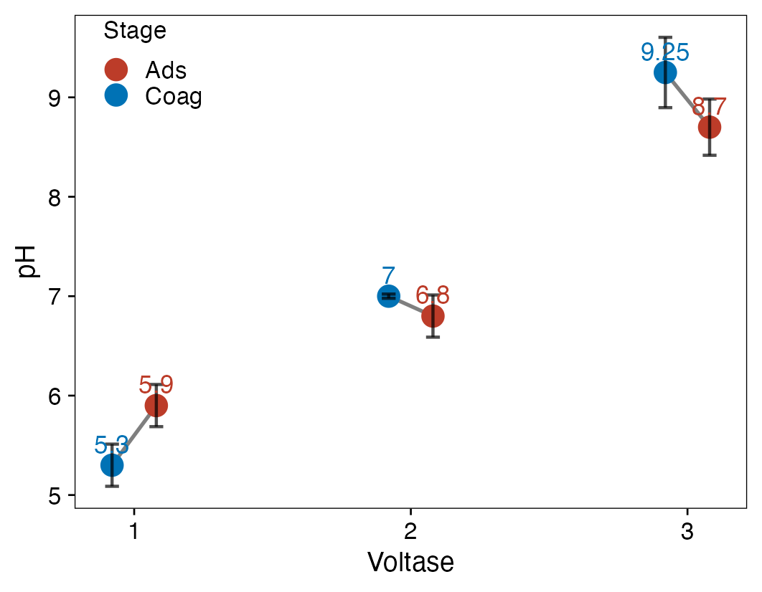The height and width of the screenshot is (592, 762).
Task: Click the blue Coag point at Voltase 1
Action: pyautogui.click(x=112, y=465)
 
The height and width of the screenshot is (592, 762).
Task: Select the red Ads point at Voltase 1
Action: pyautogui.click(x=156, y=406)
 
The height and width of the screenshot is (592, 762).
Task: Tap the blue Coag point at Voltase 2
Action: pyautogui.click(x=388, y=296)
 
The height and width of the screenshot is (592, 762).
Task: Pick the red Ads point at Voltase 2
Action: pyautogui.click(x=433, y=315)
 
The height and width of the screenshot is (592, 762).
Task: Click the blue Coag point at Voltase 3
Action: pyautogui.click(x=665, y=72)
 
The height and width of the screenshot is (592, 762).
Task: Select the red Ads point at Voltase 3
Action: pyautogui.click(x=710, y=128)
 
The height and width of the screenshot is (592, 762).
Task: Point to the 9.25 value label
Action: pyautogui.click(x=665, y=52)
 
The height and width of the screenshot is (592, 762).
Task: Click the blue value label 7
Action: pyautogui.click(x=388, y=276)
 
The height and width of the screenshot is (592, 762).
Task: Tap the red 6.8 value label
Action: pyautogui.click(x=433, y=295)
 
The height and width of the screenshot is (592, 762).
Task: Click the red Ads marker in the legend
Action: pyautogui.click(x=116, y=70)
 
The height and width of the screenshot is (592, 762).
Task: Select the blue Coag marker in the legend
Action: pyautogui.click(x=116, y=95)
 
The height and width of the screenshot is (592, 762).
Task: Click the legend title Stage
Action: pyautogui.click(x=135, y=31)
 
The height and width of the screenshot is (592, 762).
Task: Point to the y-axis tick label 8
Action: pyautogui.click(x=55, y=197)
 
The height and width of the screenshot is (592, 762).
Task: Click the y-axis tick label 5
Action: pyautogui.click(x=55, y=495)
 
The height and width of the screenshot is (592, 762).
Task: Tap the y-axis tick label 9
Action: pyautogui.click(x=55, y=97)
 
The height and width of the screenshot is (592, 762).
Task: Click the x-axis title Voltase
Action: pyautogui.click(x=410, y=563)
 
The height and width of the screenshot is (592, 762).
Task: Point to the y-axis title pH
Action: pyautogui.click(x=27, y=262)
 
